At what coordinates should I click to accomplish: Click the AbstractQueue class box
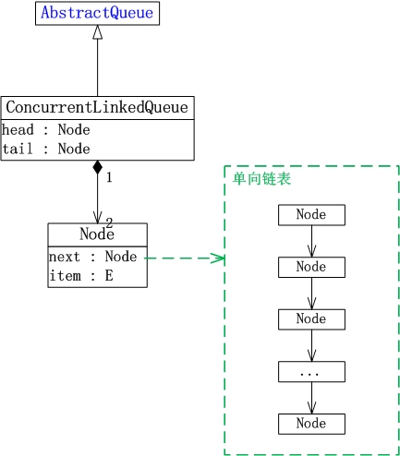(x=97, y=13)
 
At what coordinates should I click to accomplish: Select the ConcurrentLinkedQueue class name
(x=97, y=107)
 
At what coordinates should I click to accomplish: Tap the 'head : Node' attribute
(x=46, y=129)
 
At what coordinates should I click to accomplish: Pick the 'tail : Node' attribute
(x=46, y=149)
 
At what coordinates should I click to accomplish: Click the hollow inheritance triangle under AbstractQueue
(x=97, y=32)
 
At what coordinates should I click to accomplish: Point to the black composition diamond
(x=97, y=167)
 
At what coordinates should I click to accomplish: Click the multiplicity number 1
(x=109, y=177)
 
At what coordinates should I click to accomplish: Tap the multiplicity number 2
(x=109, y=222)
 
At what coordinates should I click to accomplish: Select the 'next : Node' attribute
(x=92, y=257)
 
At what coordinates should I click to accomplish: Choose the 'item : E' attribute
(x=81, y=275)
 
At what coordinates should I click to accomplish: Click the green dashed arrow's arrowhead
(x=218, y=258)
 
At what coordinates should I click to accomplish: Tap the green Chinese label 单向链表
(x=261, y=179)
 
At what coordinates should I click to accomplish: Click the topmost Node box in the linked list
(x=311, y=215)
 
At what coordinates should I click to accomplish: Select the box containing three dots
(x=311, y=372)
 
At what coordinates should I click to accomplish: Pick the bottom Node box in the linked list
(x=311, y=424)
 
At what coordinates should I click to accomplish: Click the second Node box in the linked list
(x=311, y=267)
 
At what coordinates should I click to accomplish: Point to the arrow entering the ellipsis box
(x=311, y=345)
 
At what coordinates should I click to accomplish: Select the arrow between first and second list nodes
(x=311, y=241)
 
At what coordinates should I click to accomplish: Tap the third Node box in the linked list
(x=311, y=319)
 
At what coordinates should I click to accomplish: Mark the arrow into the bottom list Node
(x=311, y=398)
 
